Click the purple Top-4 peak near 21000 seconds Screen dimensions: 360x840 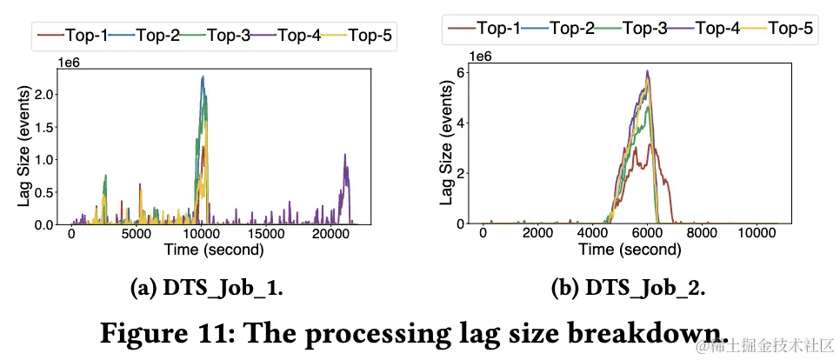pos(345,156)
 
